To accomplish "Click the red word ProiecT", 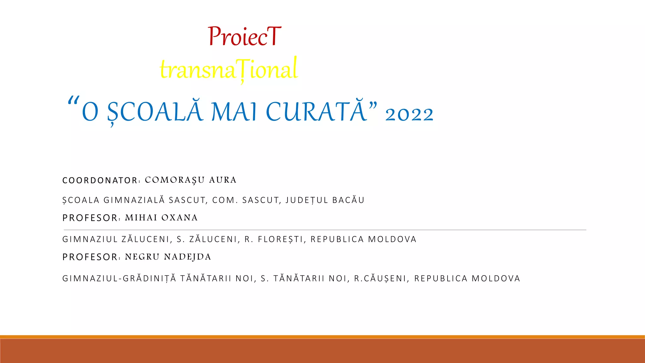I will coord(244,37).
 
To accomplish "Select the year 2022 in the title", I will coord(409,114).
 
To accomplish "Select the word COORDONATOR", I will coord(100,181).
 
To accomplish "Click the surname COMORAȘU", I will coord(175,180).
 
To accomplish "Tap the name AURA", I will coord(223,180).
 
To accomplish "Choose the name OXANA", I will coord(180,218).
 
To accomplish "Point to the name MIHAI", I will coord(141,218).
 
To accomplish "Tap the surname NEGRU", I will coord(142,257).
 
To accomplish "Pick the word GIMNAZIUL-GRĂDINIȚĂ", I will coord(119,279).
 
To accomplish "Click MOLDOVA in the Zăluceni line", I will coord(392,239).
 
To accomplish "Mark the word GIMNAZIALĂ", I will coord(134,200).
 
